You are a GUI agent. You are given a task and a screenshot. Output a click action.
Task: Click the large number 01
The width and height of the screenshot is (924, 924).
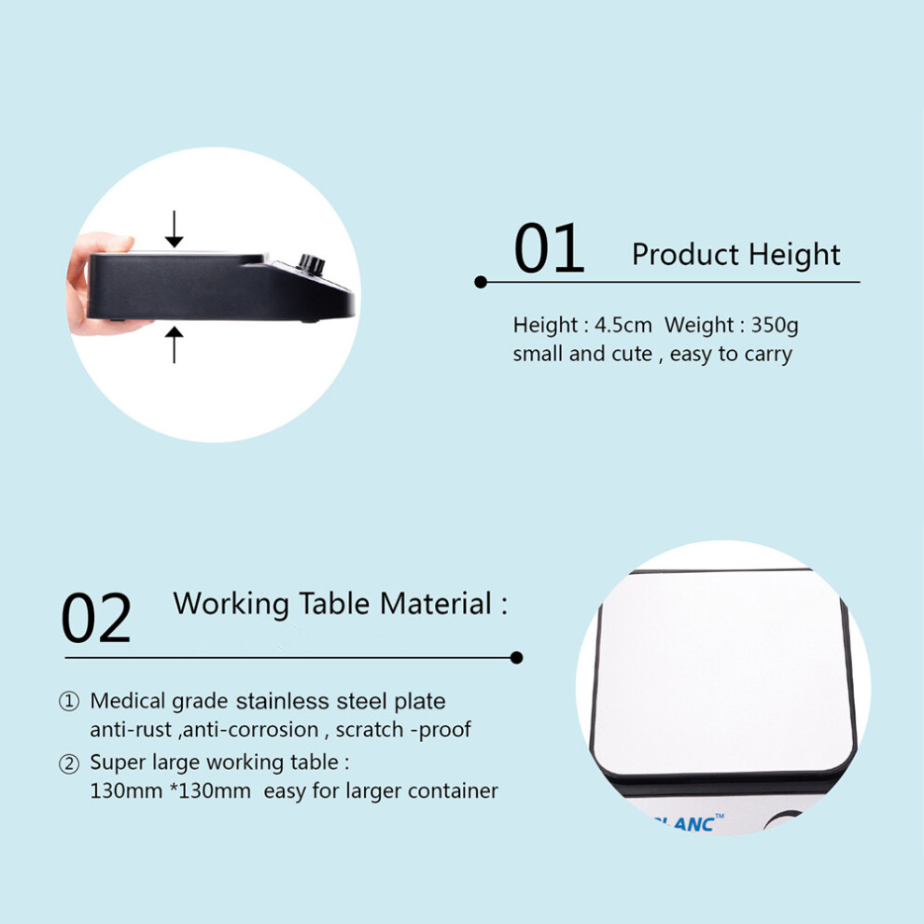pos(549,248)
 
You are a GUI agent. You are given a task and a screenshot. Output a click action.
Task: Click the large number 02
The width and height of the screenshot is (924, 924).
pos(96,618)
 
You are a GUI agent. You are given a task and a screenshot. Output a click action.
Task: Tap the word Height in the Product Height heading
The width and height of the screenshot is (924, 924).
pos(794,255)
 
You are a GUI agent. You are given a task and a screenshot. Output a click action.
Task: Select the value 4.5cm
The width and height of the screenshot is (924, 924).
pos(623,325)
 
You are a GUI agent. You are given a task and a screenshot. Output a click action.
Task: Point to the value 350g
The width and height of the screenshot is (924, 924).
pos(775,326)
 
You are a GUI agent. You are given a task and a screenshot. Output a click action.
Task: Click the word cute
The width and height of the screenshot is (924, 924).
pos(632,354)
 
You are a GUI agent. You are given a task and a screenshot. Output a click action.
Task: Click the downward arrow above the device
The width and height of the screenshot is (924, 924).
pos(174,229)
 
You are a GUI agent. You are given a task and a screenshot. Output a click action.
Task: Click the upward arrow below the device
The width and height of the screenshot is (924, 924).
pos(174,345)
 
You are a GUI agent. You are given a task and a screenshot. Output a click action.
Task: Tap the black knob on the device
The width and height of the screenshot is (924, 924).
pos(311,263)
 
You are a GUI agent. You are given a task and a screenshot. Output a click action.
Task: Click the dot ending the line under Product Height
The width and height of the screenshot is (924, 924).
pos(481,282)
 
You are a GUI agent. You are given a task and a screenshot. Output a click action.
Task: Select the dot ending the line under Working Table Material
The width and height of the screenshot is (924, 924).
pos(516,658)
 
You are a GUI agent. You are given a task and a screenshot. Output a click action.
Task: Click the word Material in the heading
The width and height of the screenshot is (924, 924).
pos(436,604)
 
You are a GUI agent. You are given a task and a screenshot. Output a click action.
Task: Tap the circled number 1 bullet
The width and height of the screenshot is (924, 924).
pos(69,701)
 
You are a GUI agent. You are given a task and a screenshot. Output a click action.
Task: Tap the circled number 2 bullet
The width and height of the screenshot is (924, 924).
pos(69,763)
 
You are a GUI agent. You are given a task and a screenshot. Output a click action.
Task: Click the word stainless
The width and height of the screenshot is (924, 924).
pos(282,701)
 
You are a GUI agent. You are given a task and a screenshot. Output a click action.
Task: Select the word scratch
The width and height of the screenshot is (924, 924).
pos(371,730)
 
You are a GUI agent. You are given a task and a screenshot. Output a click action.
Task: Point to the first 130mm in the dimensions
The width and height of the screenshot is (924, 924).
pos(126,791)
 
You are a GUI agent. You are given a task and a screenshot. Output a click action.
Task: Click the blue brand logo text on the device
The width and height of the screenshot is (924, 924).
pos(688,822)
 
